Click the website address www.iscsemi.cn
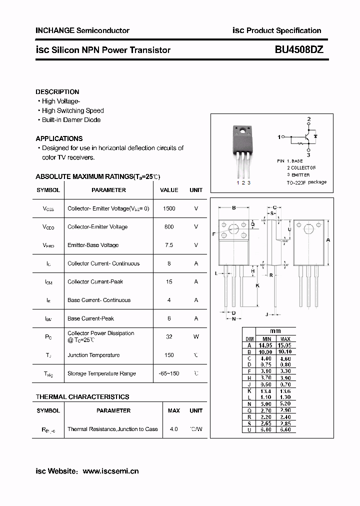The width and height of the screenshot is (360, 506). click(x=110, y=471)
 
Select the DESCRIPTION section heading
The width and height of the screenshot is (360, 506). click(x=57, y=92)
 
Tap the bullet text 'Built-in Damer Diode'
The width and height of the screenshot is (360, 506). click(x=71, y=120)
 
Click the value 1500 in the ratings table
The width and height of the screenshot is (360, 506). click(x=169, y=208)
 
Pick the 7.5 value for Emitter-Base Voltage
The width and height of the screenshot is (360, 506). click(x=169, y=245)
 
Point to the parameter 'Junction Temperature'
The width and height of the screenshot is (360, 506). click(x=93, y=355)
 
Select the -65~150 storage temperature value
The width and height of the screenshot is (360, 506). click(x=169, y=373)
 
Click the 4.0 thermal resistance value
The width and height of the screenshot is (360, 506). click(x=173, y=429)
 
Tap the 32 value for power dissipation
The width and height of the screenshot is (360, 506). click(x=169, y=336)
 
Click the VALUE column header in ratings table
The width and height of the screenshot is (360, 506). click(x=169, y=190)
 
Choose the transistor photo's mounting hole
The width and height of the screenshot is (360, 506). click(x=244, y=132)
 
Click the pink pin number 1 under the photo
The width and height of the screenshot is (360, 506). click(x=237, y=183)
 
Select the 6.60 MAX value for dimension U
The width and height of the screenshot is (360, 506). click(x=285, y=429)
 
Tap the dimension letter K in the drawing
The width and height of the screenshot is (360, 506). click(x=257, y=285)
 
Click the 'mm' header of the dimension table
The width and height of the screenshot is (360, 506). click(x=275, y=331)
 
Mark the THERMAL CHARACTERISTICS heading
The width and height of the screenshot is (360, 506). click(x=82, y=397)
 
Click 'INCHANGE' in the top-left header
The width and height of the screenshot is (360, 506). click(x=54, y=30)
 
